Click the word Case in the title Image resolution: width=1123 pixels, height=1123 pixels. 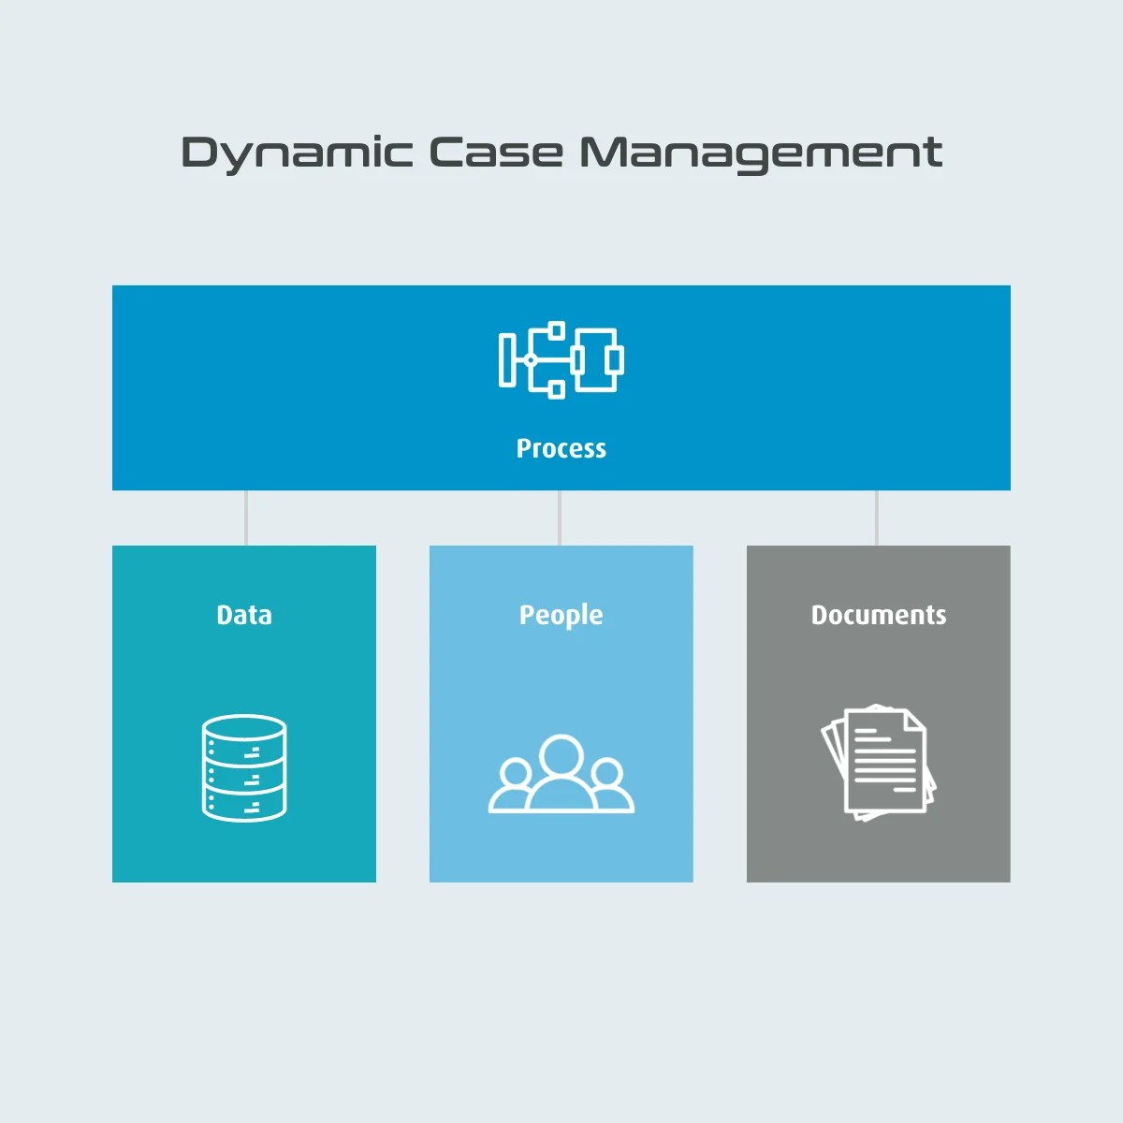coord(496,153)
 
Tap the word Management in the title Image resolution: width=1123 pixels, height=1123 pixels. coord(760,153)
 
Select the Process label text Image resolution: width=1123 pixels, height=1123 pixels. coord(561,448)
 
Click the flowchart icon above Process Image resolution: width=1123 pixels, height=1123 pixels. coord(561,360)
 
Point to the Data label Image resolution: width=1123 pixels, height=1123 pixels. coord(244,615)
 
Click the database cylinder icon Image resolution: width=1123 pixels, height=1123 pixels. coord(244,768)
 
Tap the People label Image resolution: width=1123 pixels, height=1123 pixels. coord(561,615)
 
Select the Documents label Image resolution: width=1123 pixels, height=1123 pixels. coord(879,615)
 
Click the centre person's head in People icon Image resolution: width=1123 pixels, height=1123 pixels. coord(561,754)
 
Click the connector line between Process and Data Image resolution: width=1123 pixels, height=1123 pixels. coord(246,518)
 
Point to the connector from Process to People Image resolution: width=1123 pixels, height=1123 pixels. coord(560,518)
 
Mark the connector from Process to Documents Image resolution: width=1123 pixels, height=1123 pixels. coord(877,518)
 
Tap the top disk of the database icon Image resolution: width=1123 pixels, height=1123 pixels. coord(244,729)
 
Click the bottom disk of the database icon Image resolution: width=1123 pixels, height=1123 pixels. coord(244,804)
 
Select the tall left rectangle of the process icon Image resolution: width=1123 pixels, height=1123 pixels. coord(507,359)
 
